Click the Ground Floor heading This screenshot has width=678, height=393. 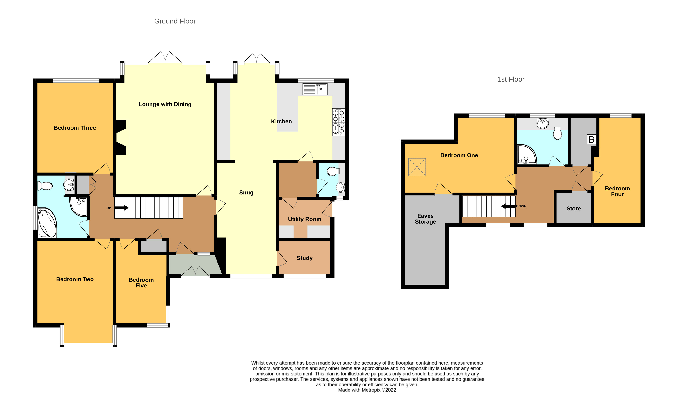click(x=175, y=21)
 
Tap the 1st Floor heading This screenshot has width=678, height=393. click(x=511, y=79)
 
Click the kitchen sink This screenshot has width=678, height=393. click(x=315, y=89)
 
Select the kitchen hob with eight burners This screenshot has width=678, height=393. click(x=339, y=122)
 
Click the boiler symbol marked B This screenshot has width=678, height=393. click(x=591, y=139)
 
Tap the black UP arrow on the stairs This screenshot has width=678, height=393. click(x=122, y=208)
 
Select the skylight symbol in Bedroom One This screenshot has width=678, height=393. click(x=417, y=167)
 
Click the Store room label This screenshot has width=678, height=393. click(x=573, y=208)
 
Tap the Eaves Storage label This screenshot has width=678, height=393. click(x=425, y=219)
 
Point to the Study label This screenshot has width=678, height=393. click(x=304, y=258)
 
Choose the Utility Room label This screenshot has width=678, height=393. click(x=304, y=219)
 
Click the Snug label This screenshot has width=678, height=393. click(x=246, y=193)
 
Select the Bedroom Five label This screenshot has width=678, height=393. click(x=141, y=283)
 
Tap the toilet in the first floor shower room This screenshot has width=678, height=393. click(x=557, y=133)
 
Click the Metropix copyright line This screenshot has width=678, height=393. click(x=367, y=390)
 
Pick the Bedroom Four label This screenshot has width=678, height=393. click(x=617, y=191)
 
